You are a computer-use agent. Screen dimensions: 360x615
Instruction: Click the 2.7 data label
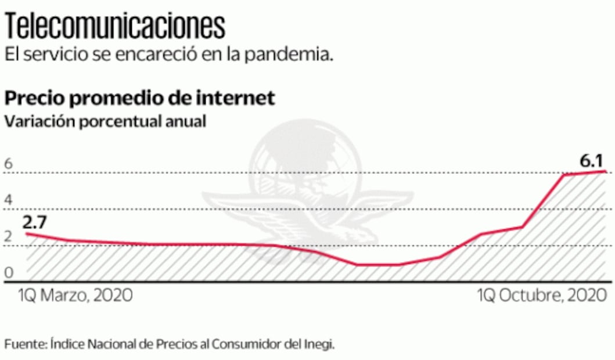35,221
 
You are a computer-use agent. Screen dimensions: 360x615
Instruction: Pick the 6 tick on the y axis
8,164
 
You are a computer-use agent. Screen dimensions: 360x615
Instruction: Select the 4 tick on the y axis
8,201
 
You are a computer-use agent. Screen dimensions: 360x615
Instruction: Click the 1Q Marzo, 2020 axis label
74,296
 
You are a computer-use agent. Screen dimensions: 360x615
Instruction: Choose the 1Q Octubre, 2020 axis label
538,296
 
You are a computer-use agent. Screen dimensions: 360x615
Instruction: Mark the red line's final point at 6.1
605,171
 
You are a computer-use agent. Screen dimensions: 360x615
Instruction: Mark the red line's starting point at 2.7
27,233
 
